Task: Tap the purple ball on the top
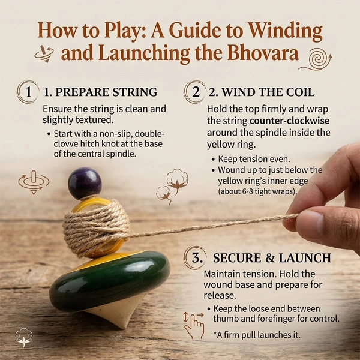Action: [85, 184]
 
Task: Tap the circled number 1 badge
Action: [28, 92]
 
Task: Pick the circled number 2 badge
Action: [195, 92]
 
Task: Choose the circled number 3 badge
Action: [196, 257]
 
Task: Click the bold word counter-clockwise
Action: [289, 121]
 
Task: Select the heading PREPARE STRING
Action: [106, 92]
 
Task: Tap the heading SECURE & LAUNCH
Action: [272, 258]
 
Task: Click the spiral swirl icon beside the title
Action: [316, 60]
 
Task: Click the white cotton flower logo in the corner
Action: [24, 337]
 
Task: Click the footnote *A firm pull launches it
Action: [257, 335]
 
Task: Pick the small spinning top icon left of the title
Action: [44, 53]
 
